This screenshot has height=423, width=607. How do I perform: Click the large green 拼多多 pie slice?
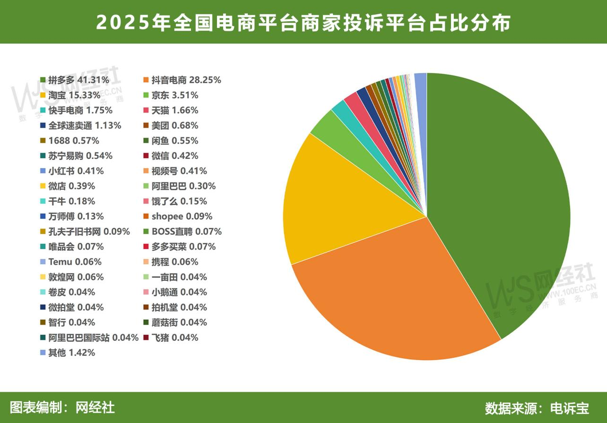(496, 199)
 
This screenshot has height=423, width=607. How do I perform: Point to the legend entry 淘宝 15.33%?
(74, 95)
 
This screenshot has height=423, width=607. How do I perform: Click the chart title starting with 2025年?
(303, 22)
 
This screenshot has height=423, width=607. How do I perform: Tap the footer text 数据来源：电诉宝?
(537, 408)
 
